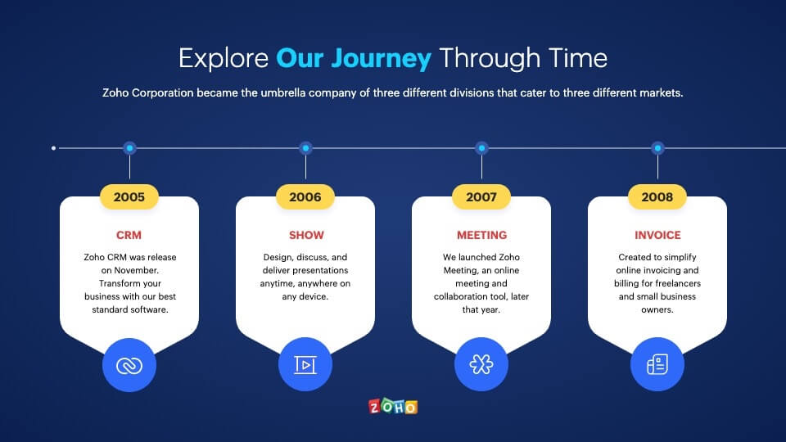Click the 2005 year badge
[x=129, y=197]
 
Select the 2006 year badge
[x=305, y=197]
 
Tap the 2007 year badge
[x=481, y=197]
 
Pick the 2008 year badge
[x=657, y=197]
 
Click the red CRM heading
[x=129, y=235]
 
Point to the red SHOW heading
[x=306, y=235]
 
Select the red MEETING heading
[x=481, y=235]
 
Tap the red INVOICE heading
[x=657, y=235]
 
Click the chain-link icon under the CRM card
[x=129, y=365]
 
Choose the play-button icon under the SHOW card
[x=305, y=364]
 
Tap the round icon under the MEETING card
[x=481, y=364]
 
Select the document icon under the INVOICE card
[x=657, y=364]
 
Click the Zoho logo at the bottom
[x=393, y=407]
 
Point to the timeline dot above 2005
[x=130, y=148]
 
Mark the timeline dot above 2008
[x=657, y=148]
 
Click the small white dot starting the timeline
[x=54, y=148]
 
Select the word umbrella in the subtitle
[x=282, y=92]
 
